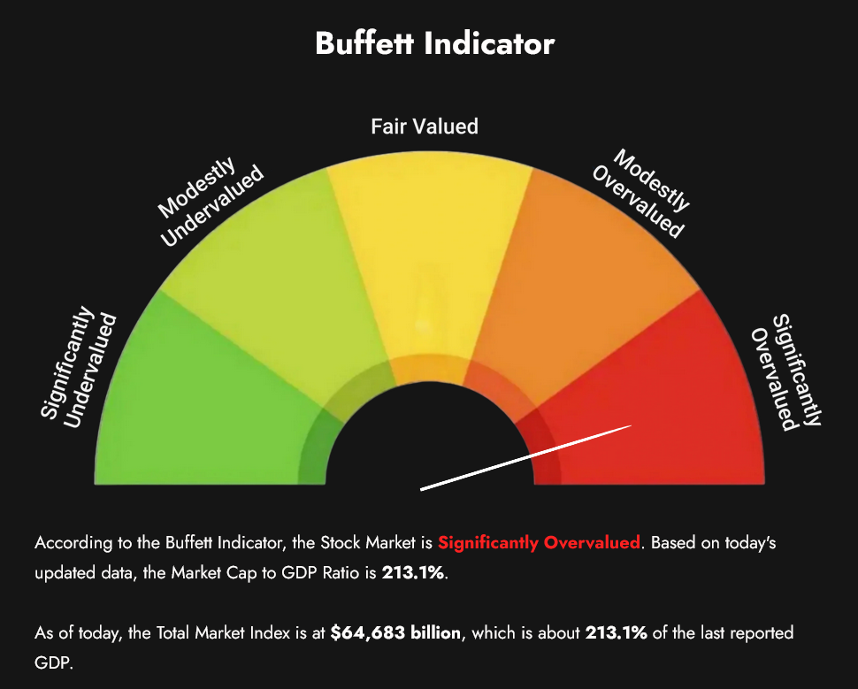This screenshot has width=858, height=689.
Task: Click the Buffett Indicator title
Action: point(435,43)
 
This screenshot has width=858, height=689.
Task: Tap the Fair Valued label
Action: point(425,126)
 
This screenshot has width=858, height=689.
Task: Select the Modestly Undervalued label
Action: point(211,202)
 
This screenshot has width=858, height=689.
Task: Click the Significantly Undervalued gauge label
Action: point(79,368)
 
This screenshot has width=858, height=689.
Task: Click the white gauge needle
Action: point(525,457)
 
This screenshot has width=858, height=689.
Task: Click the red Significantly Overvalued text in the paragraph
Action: point(539,543)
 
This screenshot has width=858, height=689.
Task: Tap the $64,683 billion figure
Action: point(395,633)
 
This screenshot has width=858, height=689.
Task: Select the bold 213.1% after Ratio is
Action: point(413,573)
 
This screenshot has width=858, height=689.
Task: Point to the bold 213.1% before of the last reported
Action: point(617,633)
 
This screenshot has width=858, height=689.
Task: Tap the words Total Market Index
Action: point(223,633)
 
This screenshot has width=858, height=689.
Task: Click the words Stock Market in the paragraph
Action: point(368,543)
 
